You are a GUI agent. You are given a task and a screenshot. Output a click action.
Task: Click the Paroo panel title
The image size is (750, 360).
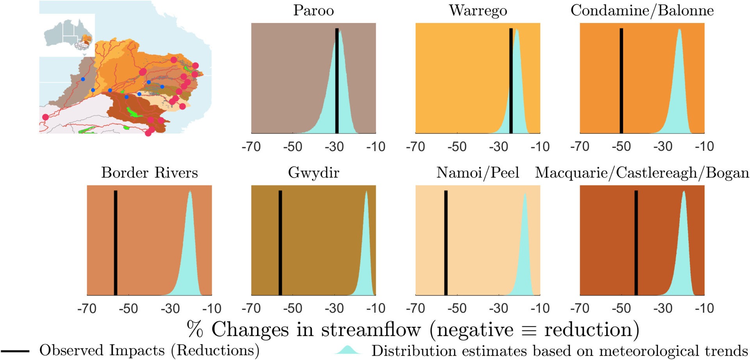pos(313,11)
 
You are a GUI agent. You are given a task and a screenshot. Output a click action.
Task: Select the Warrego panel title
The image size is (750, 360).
pos(478,11)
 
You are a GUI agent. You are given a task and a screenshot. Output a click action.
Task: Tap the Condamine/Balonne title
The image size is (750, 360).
pos(642,11)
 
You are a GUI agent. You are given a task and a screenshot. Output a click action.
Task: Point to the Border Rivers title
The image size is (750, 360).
pos(149,173)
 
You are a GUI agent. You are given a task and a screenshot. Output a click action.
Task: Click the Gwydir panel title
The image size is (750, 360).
pos(313,173)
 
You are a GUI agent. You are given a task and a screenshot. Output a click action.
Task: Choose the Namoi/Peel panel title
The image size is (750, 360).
pos(477,173)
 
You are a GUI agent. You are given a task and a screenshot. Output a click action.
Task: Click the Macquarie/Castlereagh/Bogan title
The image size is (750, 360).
pos(642,173)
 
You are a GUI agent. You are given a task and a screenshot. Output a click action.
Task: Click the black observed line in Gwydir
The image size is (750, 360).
pos(280,242)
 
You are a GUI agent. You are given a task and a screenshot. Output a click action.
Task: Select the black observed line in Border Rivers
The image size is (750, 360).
pos(115,242)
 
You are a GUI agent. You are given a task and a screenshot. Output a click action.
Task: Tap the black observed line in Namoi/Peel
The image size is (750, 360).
pos(446,242)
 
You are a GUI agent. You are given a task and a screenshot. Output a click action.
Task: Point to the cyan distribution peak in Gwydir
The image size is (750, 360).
pos(366,192)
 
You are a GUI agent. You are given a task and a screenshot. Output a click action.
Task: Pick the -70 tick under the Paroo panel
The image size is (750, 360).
pos(251,147)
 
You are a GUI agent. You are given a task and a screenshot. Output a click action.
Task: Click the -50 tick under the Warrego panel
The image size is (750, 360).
pos(457,147)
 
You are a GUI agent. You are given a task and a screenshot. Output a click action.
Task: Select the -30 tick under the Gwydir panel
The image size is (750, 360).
pos(334,308)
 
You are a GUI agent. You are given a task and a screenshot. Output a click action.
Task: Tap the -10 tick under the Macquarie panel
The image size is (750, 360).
pos(704,308)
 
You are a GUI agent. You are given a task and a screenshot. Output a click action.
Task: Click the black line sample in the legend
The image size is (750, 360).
pos(14,351)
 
